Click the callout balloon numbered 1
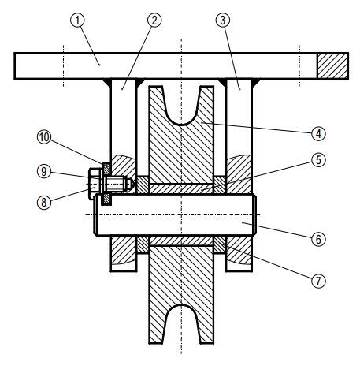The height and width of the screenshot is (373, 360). tap(77, 21)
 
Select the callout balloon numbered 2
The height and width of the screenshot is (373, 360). tap(154, 21)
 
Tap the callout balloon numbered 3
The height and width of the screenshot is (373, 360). tap(223, 21)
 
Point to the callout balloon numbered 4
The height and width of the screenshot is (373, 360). tap(318, 133)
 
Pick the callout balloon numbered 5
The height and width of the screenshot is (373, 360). tap(318, 160)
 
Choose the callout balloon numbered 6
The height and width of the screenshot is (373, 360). tap(318, 239)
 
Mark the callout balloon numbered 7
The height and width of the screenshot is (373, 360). tap(318, 282)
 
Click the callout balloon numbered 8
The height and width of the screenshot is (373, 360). tap(44, 203)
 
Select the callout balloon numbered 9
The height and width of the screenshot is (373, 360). tap(44, 172)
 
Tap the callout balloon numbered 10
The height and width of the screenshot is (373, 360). tap(44, 137)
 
